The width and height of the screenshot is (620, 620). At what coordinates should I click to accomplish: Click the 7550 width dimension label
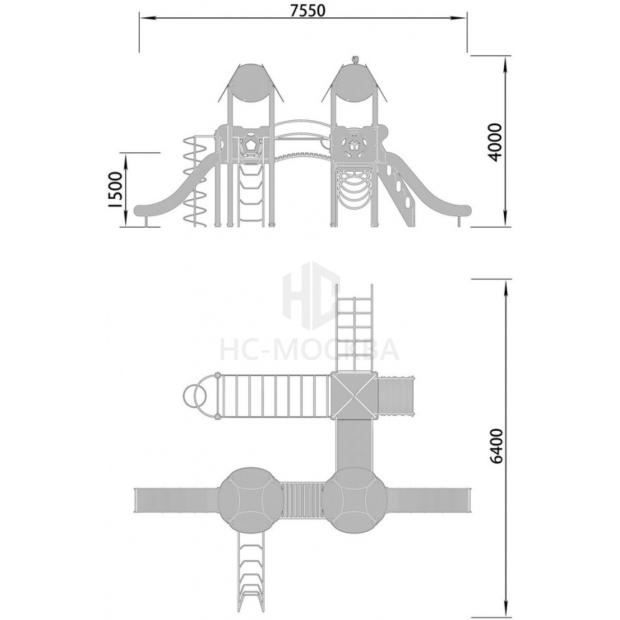click(x=308, y=10)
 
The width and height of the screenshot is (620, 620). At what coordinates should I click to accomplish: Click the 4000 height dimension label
click(x=495, y=142)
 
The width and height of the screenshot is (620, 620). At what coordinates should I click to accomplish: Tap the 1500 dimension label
click(x=115, y=190)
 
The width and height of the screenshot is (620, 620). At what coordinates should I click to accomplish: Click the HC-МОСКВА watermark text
click(x=309, y=350)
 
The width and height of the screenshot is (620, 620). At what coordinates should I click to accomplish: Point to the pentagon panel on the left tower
click(x=251, y=145)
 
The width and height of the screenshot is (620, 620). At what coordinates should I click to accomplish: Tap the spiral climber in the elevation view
click(x=195, y=181)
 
